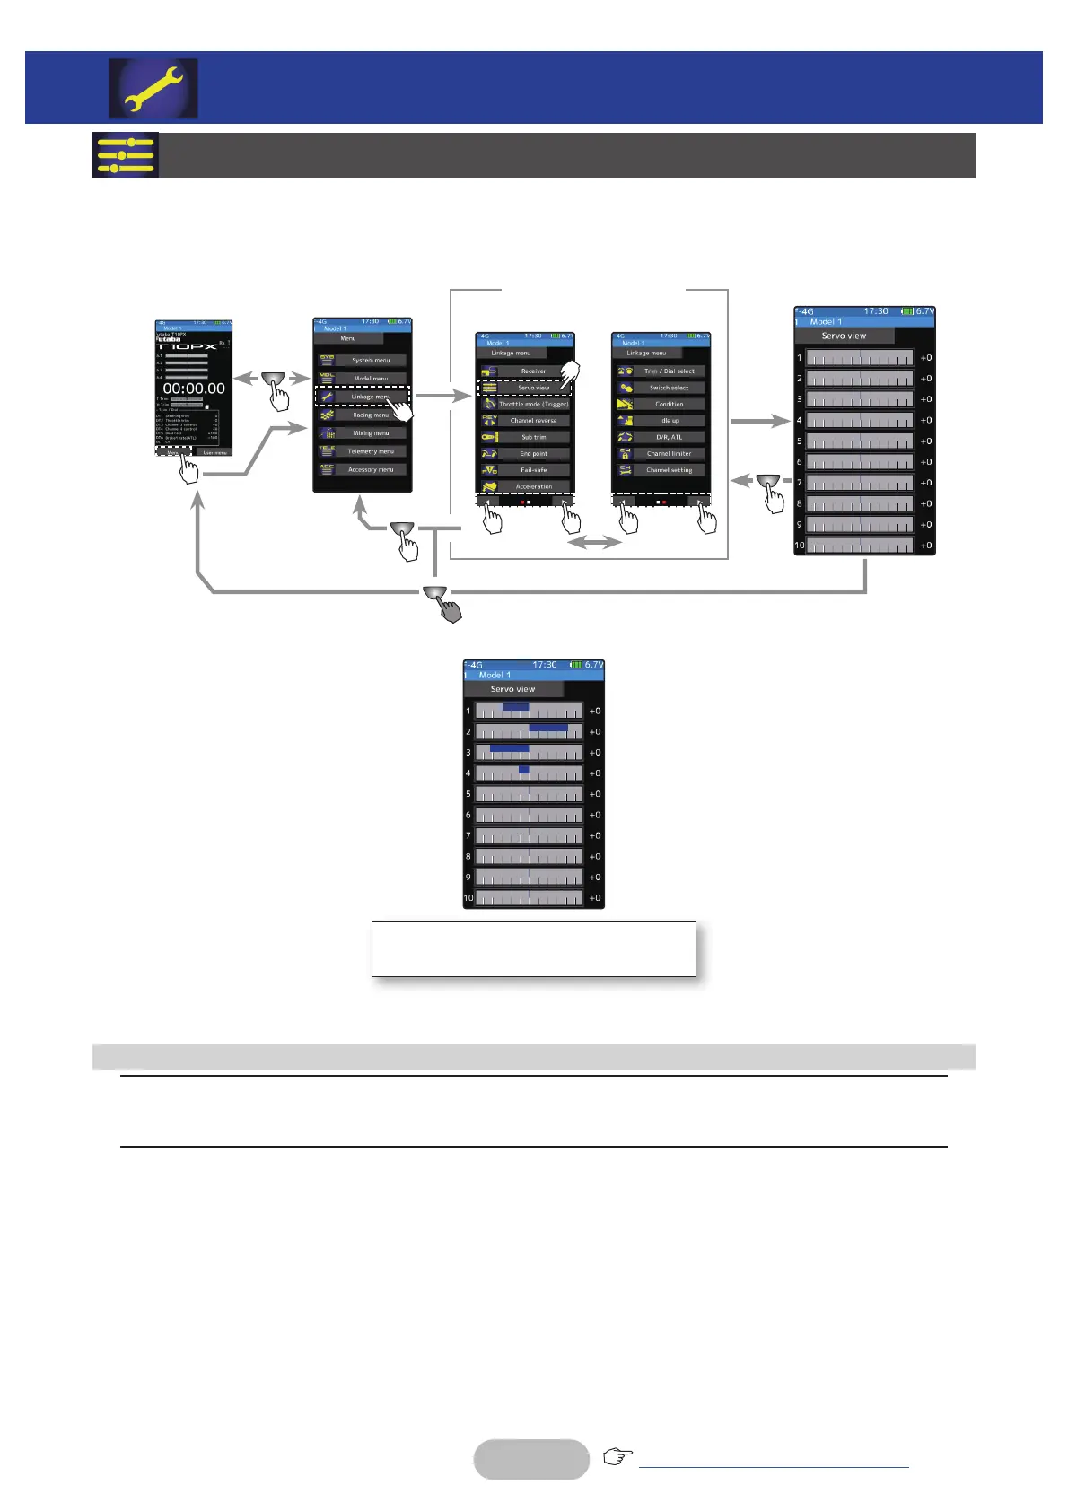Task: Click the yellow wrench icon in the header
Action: (x=153, y=89)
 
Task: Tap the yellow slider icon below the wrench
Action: (x=125, y=155)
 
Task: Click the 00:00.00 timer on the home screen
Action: (x=194, y=389)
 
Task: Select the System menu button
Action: (x=371, y=360)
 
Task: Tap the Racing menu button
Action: (x=371, y=415)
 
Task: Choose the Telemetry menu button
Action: (x=371, y=451)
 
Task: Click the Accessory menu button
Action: (x=371, y=469)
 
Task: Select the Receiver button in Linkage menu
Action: (x=533, y=371)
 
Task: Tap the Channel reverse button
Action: (x=533, y=420)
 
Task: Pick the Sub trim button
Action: (x=533, y=437)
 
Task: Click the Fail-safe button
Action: (x=533, y=470)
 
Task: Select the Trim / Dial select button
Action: (x=669, y=371)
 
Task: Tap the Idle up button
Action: (x=669, y=420)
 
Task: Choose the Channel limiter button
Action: (x=669, y=454)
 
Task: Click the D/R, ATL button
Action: (x=669, y=437)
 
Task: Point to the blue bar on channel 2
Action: (x=548, y=728)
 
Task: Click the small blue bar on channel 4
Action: (x=524, y=770)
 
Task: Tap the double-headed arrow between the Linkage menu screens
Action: (x=595, y=542)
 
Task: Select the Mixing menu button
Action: (x=371, y=433)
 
